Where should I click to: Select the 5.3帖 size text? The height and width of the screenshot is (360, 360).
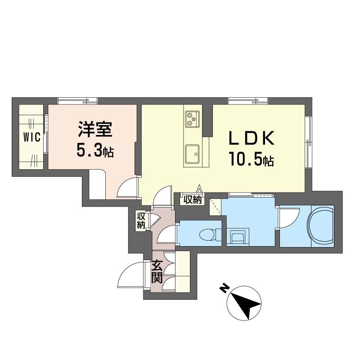point(95,151)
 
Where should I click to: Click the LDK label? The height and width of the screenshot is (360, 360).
point(252,139)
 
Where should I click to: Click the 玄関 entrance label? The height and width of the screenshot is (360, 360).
point(156,271)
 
